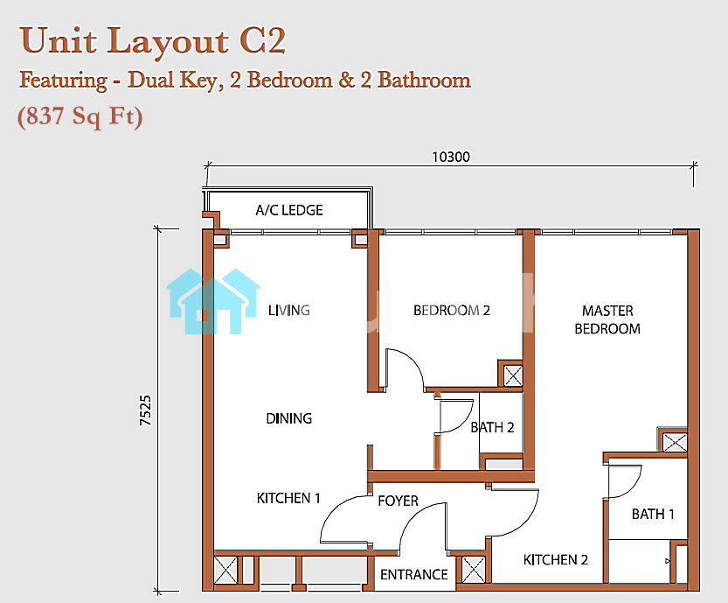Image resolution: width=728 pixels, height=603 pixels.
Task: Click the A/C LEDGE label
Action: pyautogui.click(x=288, y=210)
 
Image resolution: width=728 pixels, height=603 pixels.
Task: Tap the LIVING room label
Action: pyautogui.click(x=288, y=310)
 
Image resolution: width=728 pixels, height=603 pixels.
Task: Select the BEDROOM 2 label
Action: pyautogui.click(x=452, y=310)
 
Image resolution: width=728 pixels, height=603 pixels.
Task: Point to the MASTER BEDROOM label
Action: pyautogui.click(x=607, y=319)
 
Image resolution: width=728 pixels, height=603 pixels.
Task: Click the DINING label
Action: pyautogui.click(x=288, y=418)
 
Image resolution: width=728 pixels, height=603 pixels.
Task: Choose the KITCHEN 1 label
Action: pyautogui.click(x=288, y=498)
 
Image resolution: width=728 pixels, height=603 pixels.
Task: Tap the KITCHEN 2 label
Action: pyautogui.click(x=555, y=560)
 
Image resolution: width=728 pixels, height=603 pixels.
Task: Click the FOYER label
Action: pyautogui.click(x=398, y=501)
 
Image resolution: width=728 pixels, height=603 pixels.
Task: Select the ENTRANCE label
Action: pyautogui.click(x=413, y=575)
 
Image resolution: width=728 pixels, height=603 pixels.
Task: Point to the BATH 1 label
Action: pyautogui.click(x=653, y=514)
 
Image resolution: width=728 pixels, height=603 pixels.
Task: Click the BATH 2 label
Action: pyautogui.click(x=492, y=427)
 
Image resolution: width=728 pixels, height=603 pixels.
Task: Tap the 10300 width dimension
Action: pyautogui.click(x=451, y=158)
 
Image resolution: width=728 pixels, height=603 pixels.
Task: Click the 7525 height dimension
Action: pyautogui.click(x=146, y=410)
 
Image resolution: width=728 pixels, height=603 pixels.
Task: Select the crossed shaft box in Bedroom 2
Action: pyautogui.click(x=512, y=375)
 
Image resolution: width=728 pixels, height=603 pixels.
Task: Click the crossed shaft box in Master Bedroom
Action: pyautogui.click(x=675, y=442)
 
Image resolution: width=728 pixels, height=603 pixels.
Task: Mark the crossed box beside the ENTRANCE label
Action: pyautogui.click(x=474, y=570)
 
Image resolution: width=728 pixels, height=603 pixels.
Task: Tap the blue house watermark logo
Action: pyautogui.click(x=212, y=301)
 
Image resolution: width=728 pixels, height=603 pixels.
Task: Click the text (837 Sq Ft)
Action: pyautogui.click(x=80, y=116)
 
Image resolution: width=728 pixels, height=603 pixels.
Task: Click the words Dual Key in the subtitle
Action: pyautogui.click(x=172, y=80)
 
